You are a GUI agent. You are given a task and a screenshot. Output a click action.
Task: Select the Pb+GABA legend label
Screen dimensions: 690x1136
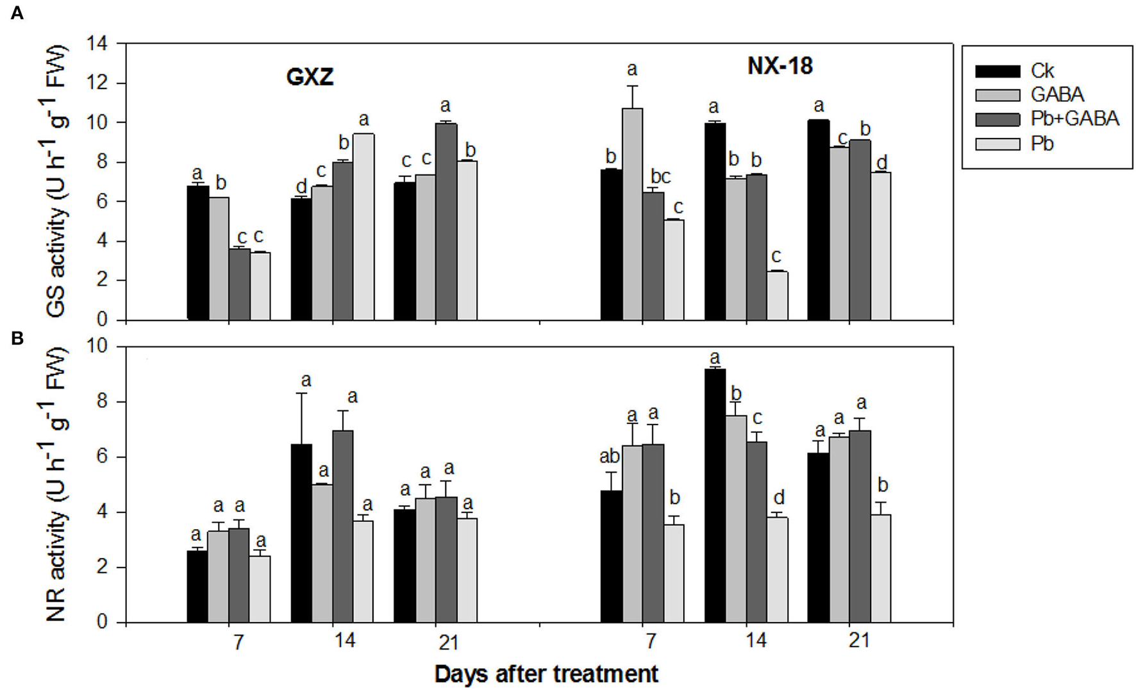[1074, 119]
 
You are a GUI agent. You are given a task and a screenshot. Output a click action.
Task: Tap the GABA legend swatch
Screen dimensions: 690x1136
[997, 95]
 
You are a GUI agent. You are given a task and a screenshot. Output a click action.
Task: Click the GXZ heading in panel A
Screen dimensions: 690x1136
[310, 78]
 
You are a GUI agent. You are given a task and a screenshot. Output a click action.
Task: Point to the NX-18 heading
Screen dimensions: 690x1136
[780, 66]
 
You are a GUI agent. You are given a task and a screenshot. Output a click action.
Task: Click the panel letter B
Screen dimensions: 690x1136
[17, 339]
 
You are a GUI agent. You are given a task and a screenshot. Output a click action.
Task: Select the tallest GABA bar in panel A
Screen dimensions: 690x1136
[632, 214]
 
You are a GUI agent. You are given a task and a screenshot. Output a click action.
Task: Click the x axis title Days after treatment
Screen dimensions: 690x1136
[546, 674]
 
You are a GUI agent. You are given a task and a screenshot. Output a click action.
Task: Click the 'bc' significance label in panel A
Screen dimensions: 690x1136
[660, 176]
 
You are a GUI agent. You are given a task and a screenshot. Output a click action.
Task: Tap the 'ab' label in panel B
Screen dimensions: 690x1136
[609, 457]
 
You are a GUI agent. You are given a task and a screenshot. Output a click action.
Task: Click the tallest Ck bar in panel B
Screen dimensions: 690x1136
[715, 495]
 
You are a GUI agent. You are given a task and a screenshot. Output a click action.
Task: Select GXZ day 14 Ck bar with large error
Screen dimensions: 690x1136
[301, 532]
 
